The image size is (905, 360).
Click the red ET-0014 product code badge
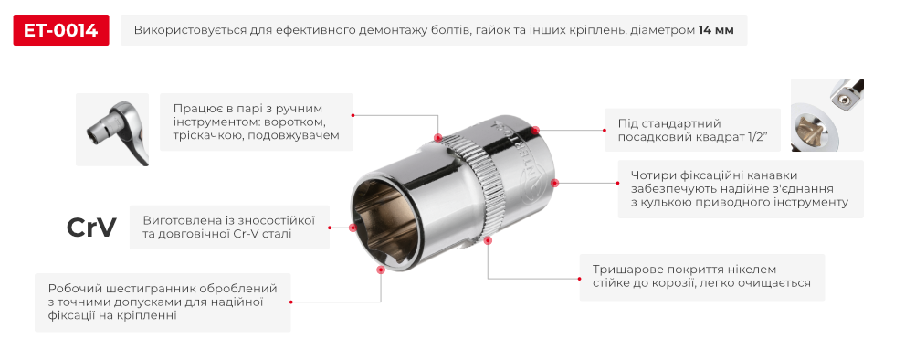tap(61, 30)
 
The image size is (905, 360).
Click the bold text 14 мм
tap(715, 30)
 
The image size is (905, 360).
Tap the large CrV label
tap(91, 228)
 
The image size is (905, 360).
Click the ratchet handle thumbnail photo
tap(112, 130)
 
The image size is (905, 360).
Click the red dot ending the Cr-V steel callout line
tap(353, 228)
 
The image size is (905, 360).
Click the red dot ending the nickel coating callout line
tap(489, 241)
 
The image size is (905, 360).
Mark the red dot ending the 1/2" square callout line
tap(536, 131)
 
